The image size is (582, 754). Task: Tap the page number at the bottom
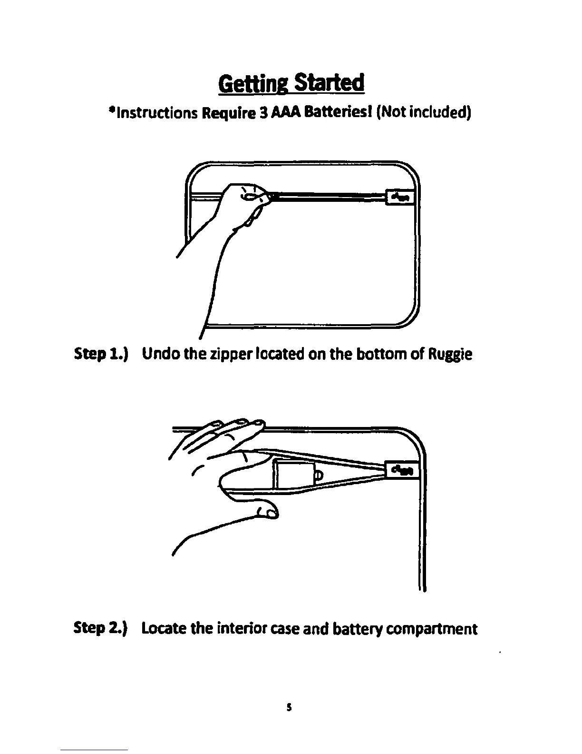(290, 708)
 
